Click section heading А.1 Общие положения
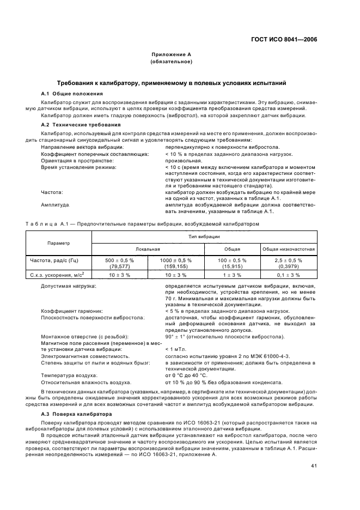[71, 94]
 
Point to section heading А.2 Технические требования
[76, 125]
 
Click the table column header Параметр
[58, 242]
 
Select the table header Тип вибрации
[204, 237]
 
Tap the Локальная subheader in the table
[148, 248]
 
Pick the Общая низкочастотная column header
[289, 248]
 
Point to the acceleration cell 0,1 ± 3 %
[289, 275]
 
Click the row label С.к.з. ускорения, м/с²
[60, 275]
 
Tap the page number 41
[314, 466]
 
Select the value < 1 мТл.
[174, 349]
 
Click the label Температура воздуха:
[69, 375]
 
